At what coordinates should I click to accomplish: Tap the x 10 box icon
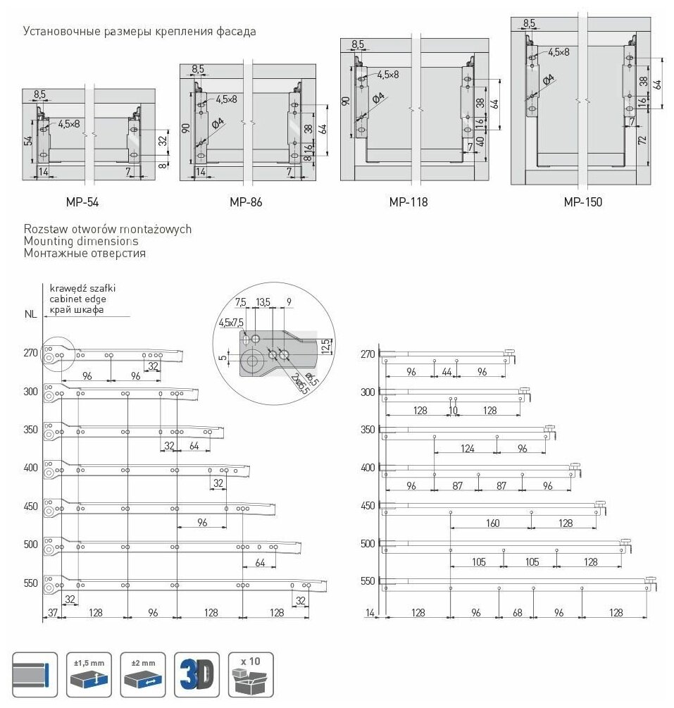[251, 674]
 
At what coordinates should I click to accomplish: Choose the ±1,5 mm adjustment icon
[89, 674]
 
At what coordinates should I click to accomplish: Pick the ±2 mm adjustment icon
[143, 674]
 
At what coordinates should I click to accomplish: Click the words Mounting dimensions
[81, 241]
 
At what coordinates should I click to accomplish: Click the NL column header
[30, 316]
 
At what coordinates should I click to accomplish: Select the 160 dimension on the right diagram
[492, 523]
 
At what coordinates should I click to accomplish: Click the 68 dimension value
[517, 613]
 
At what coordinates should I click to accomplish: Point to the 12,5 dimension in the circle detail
[325, 347]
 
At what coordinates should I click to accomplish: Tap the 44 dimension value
[447, 371]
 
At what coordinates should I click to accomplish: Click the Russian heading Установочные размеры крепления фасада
[139, 31]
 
